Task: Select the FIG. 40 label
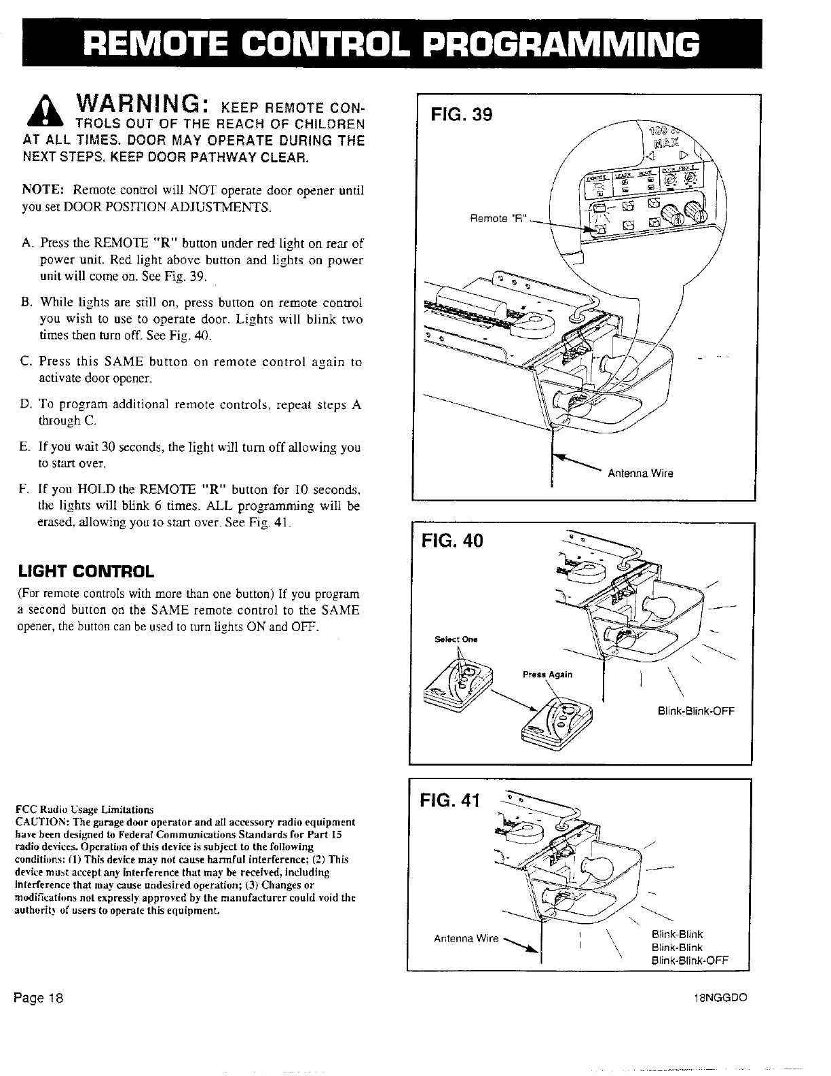click(x=453, y=541)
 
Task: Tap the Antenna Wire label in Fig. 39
click(x=641, y=473)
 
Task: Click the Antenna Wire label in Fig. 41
click(x=466, y=939)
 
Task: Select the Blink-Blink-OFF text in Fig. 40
click(x=696, y=711)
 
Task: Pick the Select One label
click(x=456, y=639)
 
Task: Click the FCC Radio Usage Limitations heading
click(x=84, y=810)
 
